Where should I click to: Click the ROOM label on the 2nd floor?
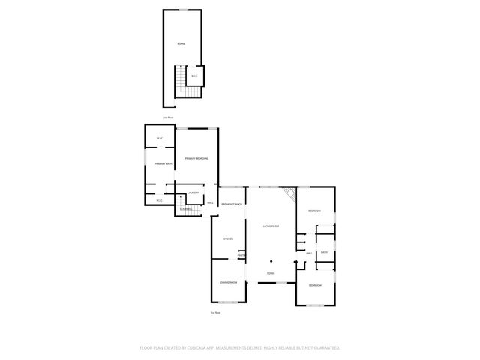point(181,44)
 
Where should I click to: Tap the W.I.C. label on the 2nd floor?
point(194,76)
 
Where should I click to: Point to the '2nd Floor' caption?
point(169,118)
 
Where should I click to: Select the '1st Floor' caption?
point(214,312)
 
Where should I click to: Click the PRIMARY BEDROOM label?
point(196,159)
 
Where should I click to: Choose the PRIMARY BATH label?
point(163,163)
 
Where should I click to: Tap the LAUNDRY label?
point(193,193)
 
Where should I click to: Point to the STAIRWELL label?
point(185,208)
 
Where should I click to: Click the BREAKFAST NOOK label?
point(232,204)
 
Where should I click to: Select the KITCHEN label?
point(228,238)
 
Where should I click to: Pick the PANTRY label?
point(241,255)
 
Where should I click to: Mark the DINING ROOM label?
point(229,282)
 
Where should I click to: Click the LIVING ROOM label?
point(271,226)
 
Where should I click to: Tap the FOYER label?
point(271,273)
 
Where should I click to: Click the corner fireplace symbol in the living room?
point(292,194)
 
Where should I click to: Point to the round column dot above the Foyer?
point(271,256)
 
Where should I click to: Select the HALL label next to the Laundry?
point(211,202)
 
